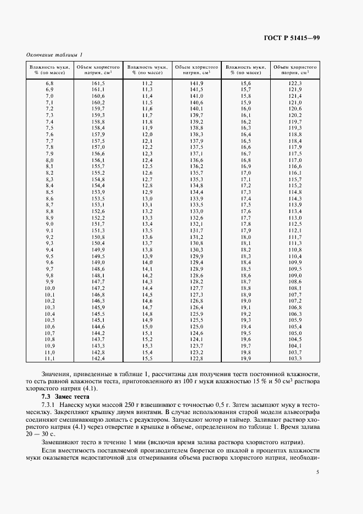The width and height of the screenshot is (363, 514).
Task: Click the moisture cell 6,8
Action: pos(49,82)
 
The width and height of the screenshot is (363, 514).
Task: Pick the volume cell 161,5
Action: pos(98,82)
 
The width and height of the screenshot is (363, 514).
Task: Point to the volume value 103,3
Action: pos(295,358)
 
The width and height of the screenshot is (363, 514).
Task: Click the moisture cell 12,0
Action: pos(147,134)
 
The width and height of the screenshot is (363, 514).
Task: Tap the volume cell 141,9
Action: pos(197,82)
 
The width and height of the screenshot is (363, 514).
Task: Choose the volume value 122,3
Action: pos(295,82)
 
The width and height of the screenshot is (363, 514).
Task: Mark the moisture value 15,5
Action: pos(147,358)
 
